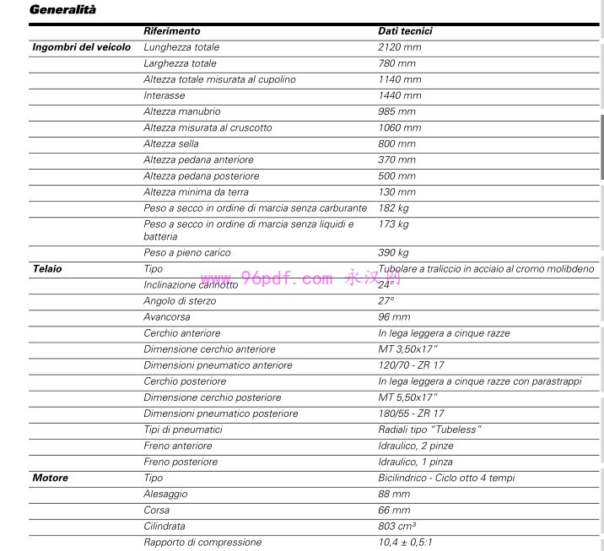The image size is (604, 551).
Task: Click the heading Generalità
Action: point(62,10)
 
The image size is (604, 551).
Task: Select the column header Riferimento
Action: point(171,31)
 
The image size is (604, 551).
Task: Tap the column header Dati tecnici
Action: point(405,31)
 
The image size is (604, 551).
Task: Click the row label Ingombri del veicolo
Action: point(81,47)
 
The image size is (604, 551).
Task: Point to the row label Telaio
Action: point(47,269)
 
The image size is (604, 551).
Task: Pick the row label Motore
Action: point(51,478)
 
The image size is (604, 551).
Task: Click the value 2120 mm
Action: point(399,47)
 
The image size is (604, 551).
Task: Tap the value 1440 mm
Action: point(399,95)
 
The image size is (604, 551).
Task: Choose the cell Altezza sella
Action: point(171,144)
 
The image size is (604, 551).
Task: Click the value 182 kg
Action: point(393,208)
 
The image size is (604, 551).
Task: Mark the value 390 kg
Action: point(393,252)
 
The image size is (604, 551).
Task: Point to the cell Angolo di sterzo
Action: point(180,301)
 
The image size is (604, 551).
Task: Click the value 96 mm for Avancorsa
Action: point(394,317)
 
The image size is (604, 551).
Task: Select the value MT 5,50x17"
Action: point(408,397)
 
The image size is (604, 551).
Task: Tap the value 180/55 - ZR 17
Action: point(411,413)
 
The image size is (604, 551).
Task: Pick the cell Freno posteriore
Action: point(181,462)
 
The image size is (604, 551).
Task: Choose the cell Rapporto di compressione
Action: point(202,543)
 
